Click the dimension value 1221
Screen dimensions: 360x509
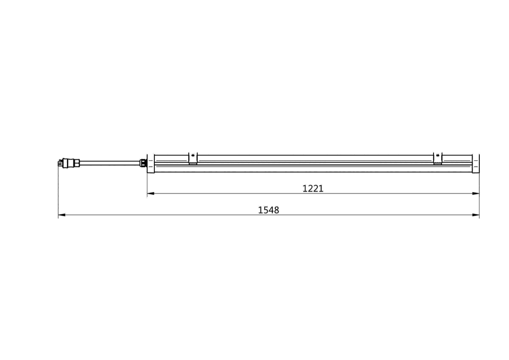[313, 188]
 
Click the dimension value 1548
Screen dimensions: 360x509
[269, 210]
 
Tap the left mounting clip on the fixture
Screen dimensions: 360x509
[193, 158]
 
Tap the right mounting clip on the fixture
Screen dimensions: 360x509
[437, 158]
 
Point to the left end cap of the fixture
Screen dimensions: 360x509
[150, 163]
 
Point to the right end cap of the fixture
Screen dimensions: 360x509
[476, 163]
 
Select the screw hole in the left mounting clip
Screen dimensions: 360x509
[193, 156]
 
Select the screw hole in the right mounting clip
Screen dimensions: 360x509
[437, 156]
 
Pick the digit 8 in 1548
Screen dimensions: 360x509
[277, 210]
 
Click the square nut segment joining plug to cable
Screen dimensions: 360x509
[77, 162]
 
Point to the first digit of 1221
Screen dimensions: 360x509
[305, 188]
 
